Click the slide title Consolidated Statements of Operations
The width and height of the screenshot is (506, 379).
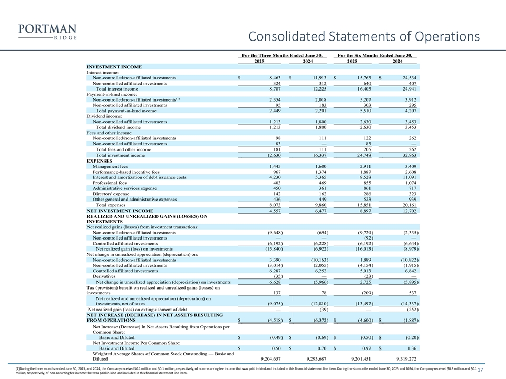click(x=364, y=37)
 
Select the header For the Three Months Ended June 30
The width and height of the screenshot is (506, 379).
click(x=281, y=55)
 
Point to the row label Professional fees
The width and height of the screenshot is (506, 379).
click(x=109, y=183)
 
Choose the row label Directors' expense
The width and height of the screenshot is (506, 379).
click(x=110, y=194)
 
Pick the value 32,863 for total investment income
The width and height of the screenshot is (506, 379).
click(x=408, y=155)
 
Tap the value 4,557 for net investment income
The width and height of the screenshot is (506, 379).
click(x=272, y=211)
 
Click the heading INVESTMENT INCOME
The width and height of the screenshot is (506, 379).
click(x=114, y=67)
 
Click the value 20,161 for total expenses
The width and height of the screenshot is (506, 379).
click(x=408, y=205)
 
